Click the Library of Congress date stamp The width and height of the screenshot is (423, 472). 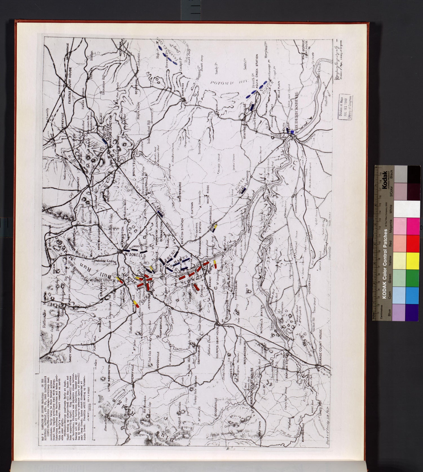pyautogui.click(x=345, y=107)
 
